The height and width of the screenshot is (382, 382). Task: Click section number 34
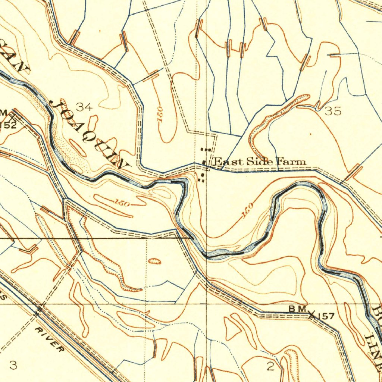84,107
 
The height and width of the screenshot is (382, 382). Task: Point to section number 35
333,111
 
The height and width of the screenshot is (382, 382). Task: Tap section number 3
13,365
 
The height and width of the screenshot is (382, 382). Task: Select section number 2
270,367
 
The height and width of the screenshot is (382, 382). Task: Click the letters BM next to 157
298,309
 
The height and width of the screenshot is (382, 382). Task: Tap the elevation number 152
8,125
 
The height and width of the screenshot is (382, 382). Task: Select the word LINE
373,349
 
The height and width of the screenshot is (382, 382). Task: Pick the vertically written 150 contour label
160,116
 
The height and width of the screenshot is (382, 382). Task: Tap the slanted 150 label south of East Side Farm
247,211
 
